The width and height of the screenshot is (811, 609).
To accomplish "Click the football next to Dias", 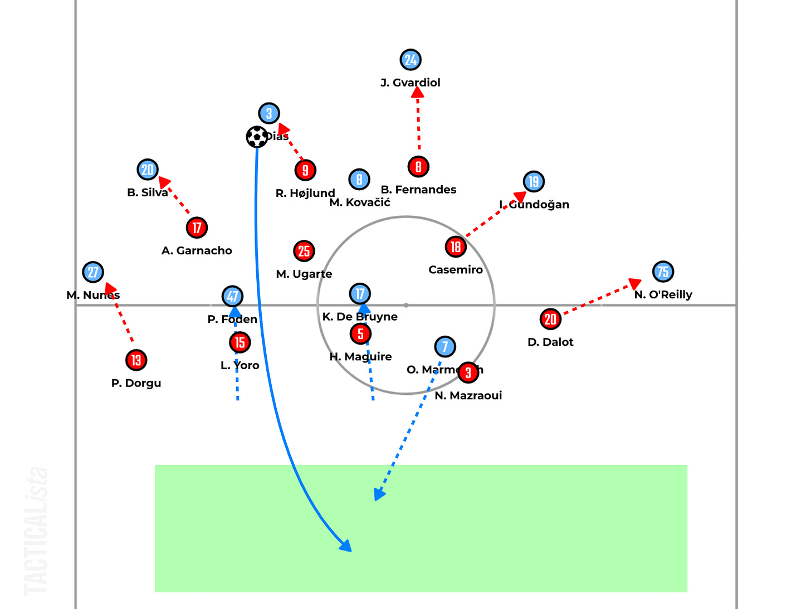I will pos(257,137).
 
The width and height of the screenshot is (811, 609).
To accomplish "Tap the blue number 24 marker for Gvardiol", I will pos(411,60).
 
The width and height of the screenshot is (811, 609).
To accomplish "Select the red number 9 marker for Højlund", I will pos(305,170).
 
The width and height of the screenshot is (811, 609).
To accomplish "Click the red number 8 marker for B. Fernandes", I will pos(418,166).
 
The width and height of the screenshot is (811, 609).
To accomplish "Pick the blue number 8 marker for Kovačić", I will pos(359,179).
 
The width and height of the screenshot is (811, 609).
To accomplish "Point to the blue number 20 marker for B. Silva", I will pos(148,170).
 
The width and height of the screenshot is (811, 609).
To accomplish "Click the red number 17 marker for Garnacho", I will pos(197,228).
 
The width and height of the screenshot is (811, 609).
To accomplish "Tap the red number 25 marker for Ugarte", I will pos(304,251).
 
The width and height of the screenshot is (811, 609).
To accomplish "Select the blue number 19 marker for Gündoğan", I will pos(534,181).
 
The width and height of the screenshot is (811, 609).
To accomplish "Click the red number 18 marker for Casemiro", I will pos(456,246).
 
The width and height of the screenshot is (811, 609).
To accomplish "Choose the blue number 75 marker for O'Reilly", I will pos(663,272).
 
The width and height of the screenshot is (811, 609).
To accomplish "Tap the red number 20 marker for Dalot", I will pos(550,319).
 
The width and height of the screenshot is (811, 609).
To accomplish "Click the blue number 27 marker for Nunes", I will pos(93,272).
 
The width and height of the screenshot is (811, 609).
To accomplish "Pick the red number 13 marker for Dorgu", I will pos(136,360).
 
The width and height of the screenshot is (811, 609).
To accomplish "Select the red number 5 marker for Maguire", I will pos(360,333).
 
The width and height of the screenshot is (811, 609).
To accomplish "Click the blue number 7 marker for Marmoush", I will pos(444,346).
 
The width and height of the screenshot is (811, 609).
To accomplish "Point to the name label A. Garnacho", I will pos(197,251).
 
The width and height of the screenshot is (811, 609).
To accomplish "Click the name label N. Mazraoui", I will pos(468,395).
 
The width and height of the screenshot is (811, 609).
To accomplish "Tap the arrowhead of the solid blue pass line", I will pos(346,546).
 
